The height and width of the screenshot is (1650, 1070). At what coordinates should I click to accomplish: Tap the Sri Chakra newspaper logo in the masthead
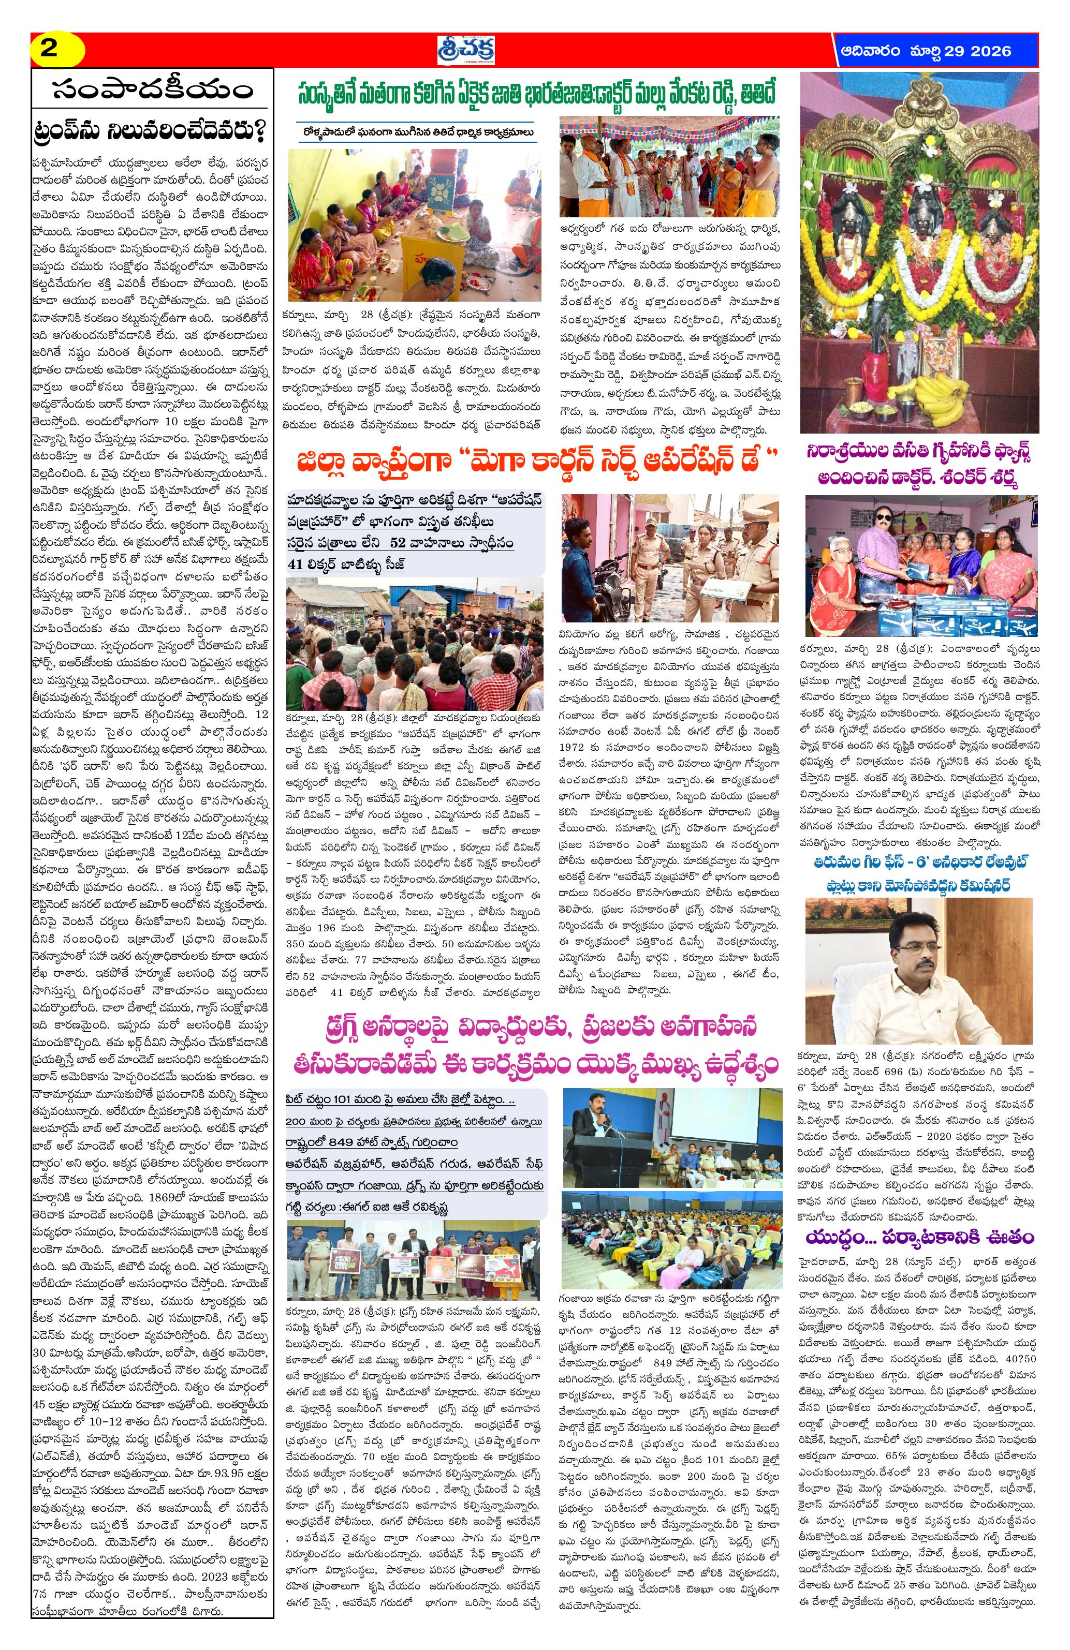tap(466, 50)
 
